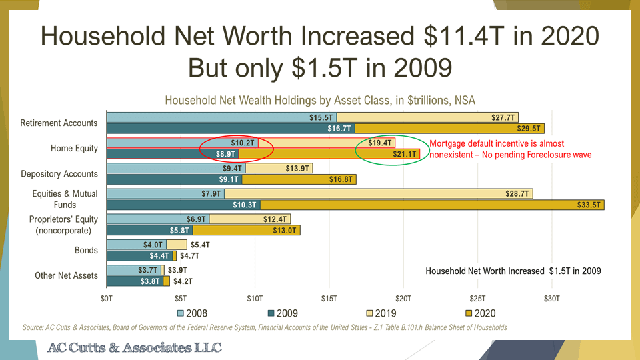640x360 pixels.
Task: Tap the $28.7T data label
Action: (517, 193)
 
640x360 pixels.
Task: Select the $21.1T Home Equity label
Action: (405, 155)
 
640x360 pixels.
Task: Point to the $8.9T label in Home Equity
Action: (227, 155)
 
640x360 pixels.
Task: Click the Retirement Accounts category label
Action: (59, 123)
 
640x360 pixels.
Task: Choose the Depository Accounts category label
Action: (59, 174)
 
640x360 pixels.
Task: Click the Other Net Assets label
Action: (66, 275)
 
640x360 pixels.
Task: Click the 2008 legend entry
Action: (193, 313)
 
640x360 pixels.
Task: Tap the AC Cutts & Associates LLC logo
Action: (134, 348)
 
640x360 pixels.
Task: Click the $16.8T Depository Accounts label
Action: (341, 180)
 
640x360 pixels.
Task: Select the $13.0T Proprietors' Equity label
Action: (287, 231)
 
